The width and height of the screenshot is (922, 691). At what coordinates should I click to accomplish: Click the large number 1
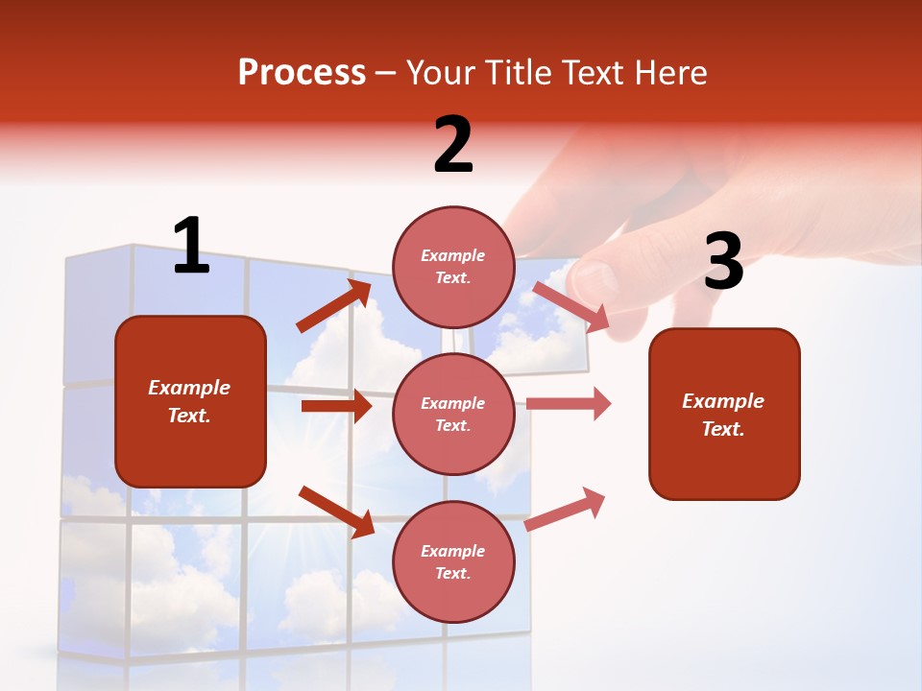point(191,246)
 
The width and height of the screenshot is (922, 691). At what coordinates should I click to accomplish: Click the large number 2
point(453,144)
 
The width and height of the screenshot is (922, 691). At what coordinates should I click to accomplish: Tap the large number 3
point(723,262)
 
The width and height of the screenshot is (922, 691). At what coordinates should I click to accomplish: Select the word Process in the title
point(302,72)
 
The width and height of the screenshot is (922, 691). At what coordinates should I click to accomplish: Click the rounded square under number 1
point(190,401)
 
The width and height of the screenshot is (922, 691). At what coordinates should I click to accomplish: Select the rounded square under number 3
point(724,414)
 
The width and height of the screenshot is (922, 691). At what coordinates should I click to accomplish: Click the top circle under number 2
point(453,267)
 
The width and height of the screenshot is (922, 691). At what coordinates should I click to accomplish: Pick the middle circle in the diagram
point(453,414)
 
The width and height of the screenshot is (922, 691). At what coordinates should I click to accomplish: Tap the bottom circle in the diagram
point(453,561)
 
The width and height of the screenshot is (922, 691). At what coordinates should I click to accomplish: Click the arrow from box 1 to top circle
point(333,306)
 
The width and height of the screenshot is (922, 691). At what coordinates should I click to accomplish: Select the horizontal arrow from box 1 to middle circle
point(336,406)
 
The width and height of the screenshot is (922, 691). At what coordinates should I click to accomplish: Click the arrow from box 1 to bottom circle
point(336,512)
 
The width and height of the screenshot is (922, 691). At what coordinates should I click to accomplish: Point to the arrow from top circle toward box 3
point(571,307)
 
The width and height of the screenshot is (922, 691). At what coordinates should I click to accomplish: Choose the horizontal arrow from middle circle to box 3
point(569,404)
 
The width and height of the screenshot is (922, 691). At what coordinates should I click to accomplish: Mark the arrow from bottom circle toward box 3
point(565,510)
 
